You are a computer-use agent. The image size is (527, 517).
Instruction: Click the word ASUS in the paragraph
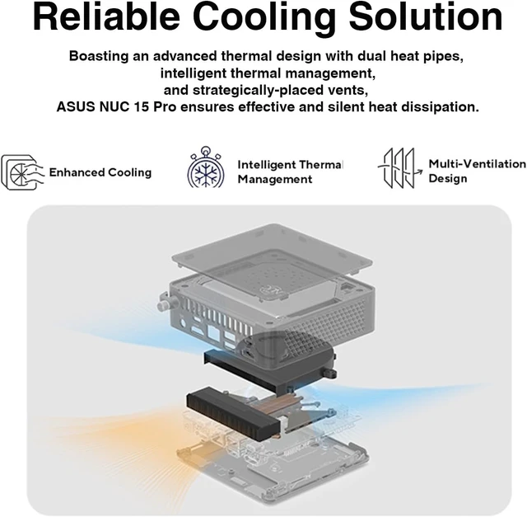pyautogui.click(x=76, y=107)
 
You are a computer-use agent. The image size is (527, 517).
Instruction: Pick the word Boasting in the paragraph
pyautogui.click(x=99, y=56)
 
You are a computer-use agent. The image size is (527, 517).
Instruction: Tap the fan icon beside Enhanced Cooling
pyautogui.click(x=22, y=172)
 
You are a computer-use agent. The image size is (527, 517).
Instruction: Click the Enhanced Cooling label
pyautogui.click(x=100, y=172)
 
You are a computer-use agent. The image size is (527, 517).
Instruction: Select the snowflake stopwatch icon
pyautogui.click(x=206, y=167)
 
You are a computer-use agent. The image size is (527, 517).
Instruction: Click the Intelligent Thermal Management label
pyautogui.click(x=290, y=172)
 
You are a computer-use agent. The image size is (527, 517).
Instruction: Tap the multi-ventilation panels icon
pyautogui.click(x=399, y=167)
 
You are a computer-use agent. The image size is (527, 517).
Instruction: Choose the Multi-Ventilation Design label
pyautogui.click(x=478, y=171)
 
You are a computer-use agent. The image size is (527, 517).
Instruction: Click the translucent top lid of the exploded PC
pyautogui.click(x=272, y=259)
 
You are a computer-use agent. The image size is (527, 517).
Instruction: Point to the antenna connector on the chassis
pyautogui.click(x=163, y=303)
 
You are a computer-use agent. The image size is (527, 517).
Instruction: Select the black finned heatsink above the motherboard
pyautogui.click(x=234, y=413)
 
